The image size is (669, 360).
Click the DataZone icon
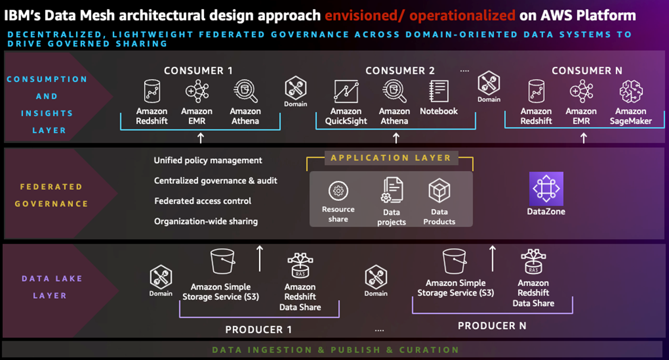click(546, 189)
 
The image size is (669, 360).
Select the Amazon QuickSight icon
click(346, 91)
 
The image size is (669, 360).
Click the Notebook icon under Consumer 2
click(439, 91)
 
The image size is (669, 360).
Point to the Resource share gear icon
click(338, 191)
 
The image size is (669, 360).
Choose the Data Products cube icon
click(439, 191)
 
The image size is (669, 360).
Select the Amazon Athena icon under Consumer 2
click(394, 91)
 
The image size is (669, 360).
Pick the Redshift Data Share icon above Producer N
click(533, 261)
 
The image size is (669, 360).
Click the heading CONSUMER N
click(587, 71)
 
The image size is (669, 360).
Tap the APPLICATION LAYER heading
click(391, 158)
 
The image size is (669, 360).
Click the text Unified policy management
click(208, 160)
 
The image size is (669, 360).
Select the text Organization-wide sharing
click(206, 221)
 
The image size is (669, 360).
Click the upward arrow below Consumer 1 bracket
click(201, 138)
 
